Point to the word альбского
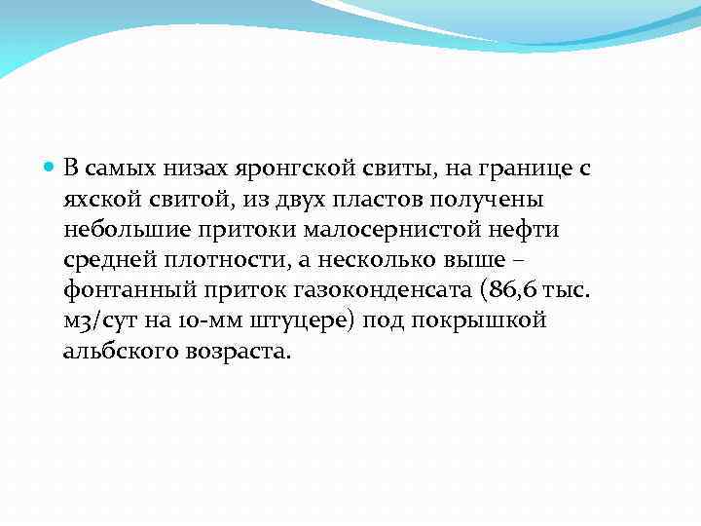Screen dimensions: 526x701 click(x=117, y=351)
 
